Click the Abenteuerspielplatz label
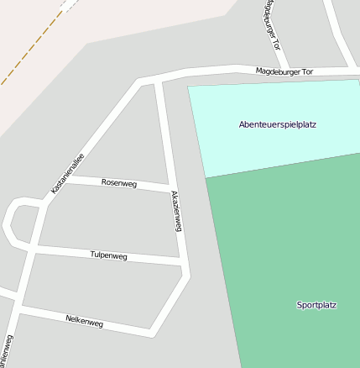click(277, 124)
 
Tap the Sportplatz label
click(316, 304)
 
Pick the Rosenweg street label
click(118, 181)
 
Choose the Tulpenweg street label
click(107, 255)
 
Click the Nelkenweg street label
click(84, 320)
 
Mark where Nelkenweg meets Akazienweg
click(154, 331)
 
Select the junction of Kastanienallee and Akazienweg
click(158, 80)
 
